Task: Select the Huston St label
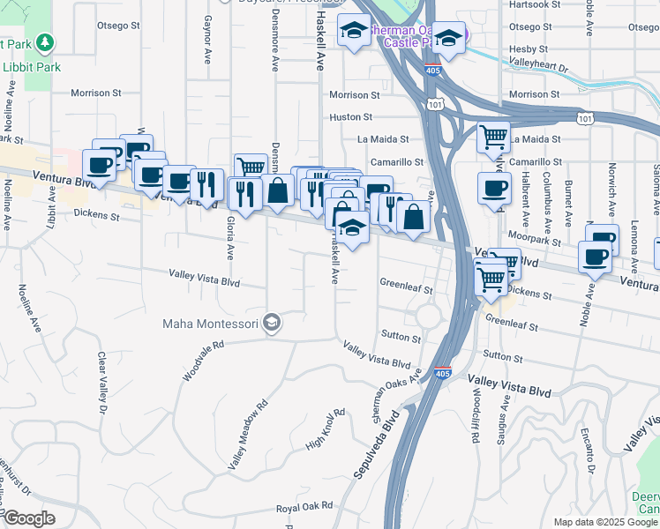coord(351,116)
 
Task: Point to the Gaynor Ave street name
coord(208,40)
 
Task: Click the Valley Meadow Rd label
coord(248,435)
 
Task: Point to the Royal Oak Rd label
coord(304,506)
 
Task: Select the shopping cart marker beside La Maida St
coord(493,137)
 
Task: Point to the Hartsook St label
coord(530,5)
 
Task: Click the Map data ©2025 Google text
coord(605,522)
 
